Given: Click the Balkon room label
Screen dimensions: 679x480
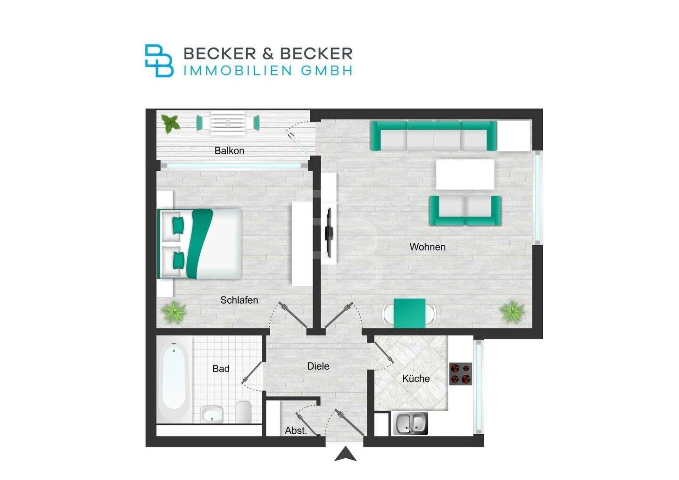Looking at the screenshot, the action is tap(229, 151).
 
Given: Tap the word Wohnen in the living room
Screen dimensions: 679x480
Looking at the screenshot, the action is tap(427, 247).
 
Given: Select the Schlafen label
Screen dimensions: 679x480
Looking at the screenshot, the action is tap(239, 300).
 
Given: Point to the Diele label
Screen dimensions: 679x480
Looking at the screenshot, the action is tap(318, 366).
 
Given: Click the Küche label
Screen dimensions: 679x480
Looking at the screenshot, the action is tap(416, 378).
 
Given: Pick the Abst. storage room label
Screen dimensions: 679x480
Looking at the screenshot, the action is tap(296, 430).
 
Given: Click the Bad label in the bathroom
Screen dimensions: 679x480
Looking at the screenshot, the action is tap(221, 369).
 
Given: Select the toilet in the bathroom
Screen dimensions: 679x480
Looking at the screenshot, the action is tap(243, 412).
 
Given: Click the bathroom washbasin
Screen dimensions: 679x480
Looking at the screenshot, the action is tap(212, 414).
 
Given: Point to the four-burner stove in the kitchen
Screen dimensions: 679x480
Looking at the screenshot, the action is tap(461, 373).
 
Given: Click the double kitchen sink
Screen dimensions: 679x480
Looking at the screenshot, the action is tap(410, 423).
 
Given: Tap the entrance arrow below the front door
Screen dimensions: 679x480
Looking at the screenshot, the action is tap(346, 455).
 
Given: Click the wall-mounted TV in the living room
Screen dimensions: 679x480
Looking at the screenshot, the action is tap(330, 231).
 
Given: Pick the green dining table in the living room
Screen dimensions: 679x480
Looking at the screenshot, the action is tap(409, 313).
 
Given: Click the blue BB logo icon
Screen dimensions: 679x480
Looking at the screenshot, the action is tap(159, 61).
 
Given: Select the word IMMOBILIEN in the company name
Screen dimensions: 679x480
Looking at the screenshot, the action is tap(239, 71).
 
